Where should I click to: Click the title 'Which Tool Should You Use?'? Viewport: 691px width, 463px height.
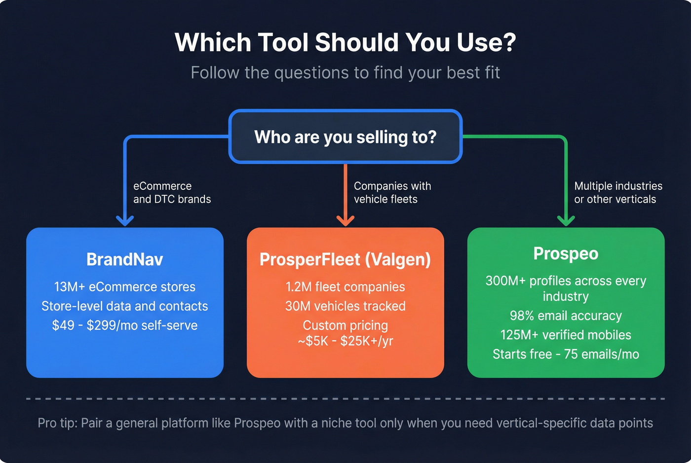click(x=345, y=42)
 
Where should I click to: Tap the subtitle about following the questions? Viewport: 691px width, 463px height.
click(x=345, y=73)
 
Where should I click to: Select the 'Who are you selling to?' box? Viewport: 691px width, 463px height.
click(x=345, y=137)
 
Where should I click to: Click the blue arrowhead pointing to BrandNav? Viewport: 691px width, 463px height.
click(x=125, y=220)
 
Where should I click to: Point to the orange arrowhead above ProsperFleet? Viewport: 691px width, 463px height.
click(x=345, y=220)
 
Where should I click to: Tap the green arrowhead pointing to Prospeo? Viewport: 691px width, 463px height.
click(x=566, y=220)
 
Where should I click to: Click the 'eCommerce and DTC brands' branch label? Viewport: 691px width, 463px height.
click(x=172, y=192)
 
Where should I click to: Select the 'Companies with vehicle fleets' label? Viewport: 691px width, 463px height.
click(x=392, y=192)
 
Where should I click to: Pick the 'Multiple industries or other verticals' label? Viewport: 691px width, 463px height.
click(x=618, y=192)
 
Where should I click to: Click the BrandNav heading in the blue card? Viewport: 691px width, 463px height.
click(x=124, y=259)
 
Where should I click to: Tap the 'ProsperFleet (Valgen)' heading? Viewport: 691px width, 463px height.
click(x=345, y=259)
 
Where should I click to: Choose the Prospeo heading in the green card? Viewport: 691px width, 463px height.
click(x=566, y=253)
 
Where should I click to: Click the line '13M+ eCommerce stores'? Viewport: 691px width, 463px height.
click(x=124, y=287)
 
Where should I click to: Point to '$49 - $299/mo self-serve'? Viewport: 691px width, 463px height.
click(x=124, y=325)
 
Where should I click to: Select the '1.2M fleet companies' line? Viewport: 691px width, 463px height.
click(x=345, y=287)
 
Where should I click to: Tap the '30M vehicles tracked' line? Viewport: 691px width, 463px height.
click(x=345, y=306)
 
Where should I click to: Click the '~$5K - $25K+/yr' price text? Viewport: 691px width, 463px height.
click(x=345, y=341)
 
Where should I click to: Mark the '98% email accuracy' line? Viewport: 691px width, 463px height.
click(x=566, y=316)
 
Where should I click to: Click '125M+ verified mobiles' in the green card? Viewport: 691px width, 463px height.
click(x=566, y=335)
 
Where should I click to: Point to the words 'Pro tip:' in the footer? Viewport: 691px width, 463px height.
click(x=57, y=423)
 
